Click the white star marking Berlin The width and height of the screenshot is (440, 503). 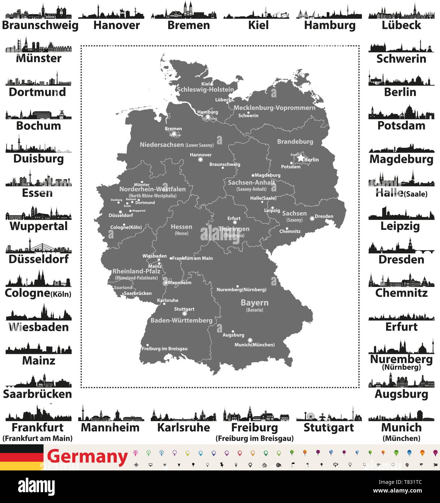pyautogui.click(x=300, y=158)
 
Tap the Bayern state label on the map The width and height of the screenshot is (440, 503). pyautogui.click(x=254, y=303)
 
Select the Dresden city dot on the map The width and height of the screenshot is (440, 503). pyautogui.click(x=312, y=218)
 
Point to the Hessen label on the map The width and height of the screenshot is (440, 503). pyautogui.click(x=181, y=227)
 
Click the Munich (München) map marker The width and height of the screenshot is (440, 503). pyautogui.click(x=250, y=341)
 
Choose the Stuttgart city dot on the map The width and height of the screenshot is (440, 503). pyautogui.click(x=185, y=313)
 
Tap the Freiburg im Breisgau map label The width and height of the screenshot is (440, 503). pyautogui.click(x=165, y=348)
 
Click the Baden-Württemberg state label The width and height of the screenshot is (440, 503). pyautogui.click(x=181, y=320)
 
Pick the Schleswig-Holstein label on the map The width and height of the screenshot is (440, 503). pyautogui.click(x=205, y=89)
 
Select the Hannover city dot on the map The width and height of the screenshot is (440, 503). pyautogui.click(x=200, y=159)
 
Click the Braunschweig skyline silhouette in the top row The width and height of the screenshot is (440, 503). pyautogui.click(x=38, y=12)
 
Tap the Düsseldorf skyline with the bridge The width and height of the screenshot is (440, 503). pyautogui.click(x=38, y=247)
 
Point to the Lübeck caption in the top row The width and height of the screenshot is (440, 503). pyautogui.click(x=401, y=25)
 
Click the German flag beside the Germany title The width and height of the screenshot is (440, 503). pyautogui.click(x=22, y=457)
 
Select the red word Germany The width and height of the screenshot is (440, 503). pyautogui.click(x=87, y=457)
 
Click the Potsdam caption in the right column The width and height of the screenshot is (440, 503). pyautogui.click(x=401, y=126)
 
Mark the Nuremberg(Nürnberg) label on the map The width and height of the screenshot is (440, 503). pyautogui.click(x=241, y=289)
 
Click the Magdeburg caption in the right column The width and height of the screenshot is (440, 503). pyautogui.click(x=401, y=159)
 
